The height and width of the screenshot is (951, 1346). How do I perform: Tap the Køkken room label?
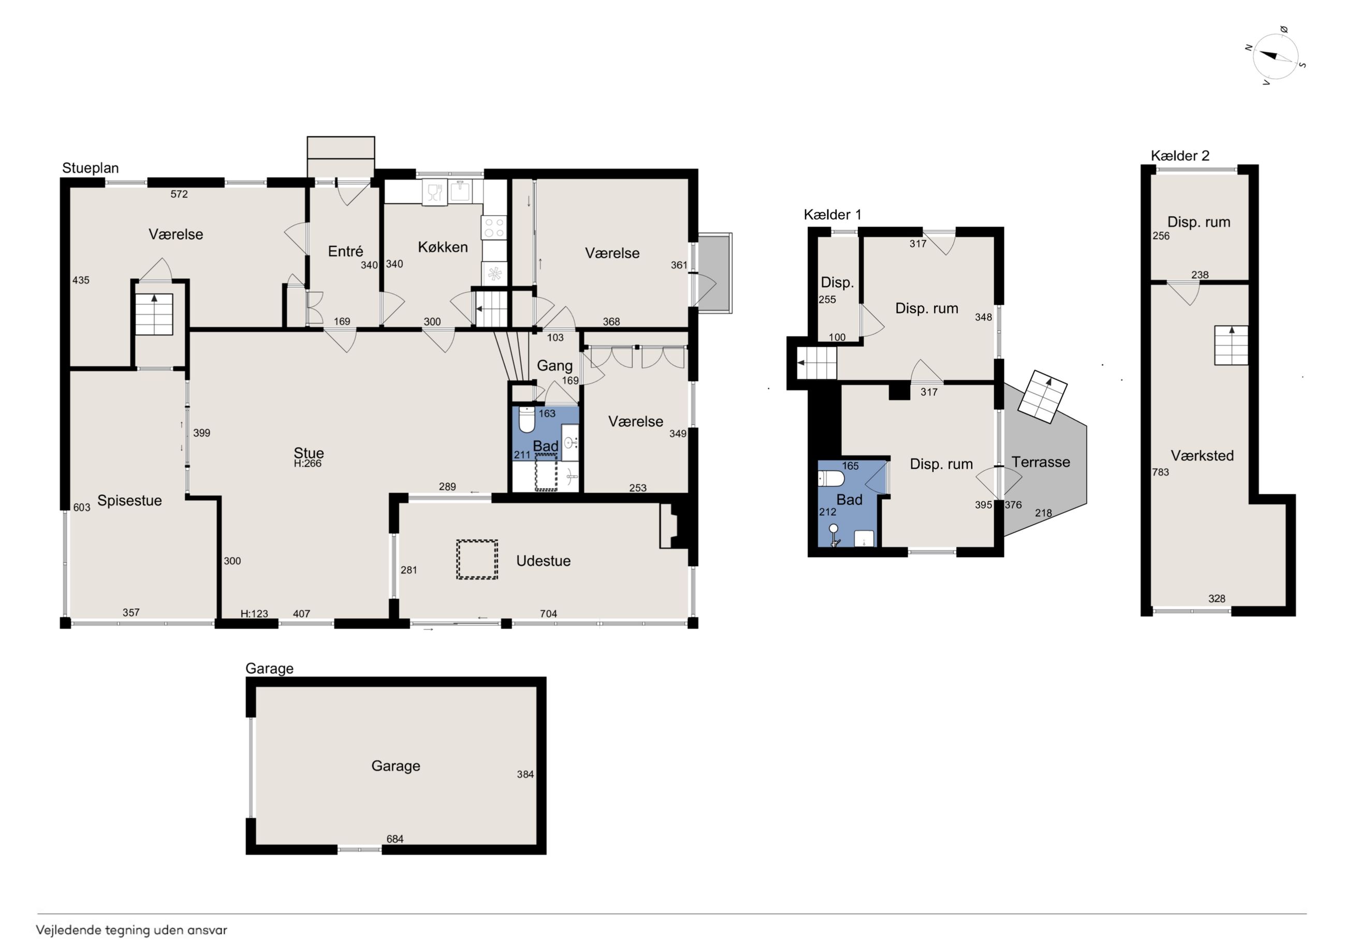443,247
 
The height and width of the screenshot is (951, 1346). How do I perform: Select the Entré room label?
345,251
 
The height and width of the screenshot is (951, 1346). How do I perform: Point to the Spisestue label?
129,501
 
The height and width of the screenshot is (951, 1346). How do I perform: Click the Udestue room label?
544,561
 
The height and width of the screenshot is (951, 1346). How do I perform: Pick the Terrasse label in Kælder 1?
1041,463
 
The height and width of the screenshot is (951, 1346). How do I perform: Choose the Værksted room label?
1202,455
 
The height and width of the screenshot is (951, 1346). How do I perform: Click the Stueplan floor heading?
90,168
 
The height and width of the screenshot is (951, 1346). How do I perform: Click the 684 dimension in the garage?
394,839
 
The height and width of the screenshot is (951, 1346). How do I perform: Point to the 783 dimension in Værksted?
1160,472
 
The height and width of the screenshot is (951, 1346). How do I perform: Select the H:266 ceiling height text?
308,464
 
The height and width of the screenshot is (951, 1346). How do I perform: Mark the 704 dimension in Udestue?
548,614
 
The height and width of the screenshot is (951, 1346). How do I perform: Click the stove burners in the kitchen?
493,227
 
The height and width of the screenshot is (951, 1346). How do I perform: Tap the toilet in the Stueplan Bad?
527,420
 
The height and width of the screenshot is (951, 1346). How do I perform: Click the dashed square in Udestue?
477,560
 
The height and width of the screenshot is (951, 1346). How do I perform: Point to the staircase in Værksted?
1231,345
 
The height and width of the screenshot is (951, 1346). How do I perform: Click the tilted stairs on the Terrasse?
1042,397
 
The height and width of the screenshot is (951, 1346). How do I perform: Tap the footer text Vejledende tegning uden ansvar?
131,930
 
